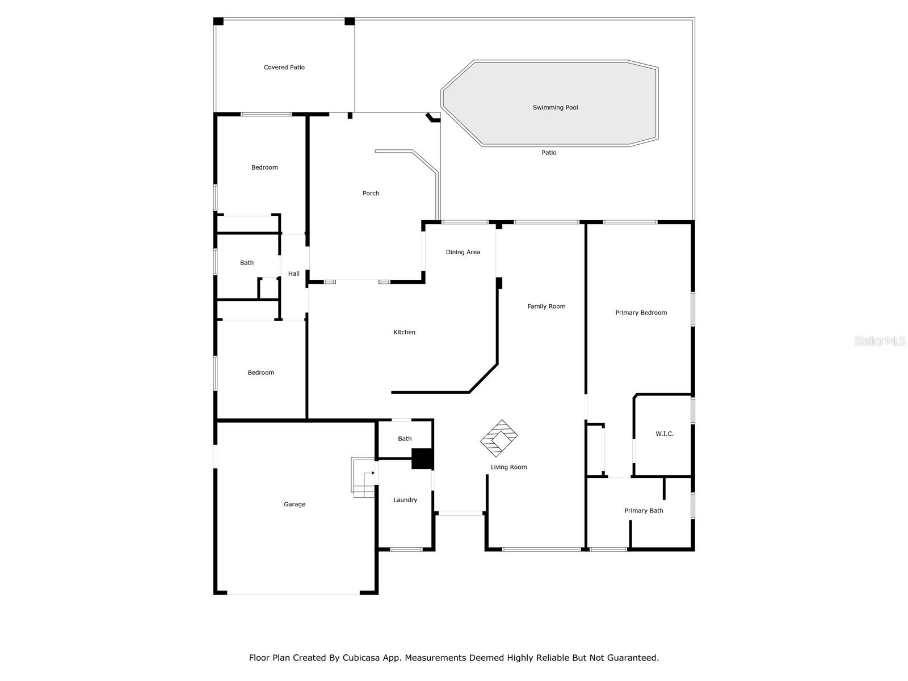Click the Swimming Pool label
coord(555,107)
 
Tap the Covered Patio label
coord(284,68)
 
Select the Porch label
coord(371,194)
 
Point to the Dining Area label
coord(463,252)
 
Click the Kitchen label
coord(404,333)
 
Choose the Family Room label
coord(546,306)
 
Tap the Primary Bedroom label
coord(641,313)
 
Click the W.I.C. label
coord(665,434)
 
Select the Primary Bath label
coord(644,511)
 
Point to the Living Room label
coord(508,467)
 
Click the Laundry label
coord(405,500)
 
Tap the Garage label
coord(295,504)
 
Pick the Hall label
coord(293,274)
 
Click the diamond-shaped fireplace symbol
coord(499,438)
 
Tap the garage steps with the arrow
coord(364,478)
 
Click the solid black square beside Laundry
coord(422,459)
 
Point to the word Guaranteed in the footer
coord(632,658)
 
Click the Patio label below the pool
coord(549,153)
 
